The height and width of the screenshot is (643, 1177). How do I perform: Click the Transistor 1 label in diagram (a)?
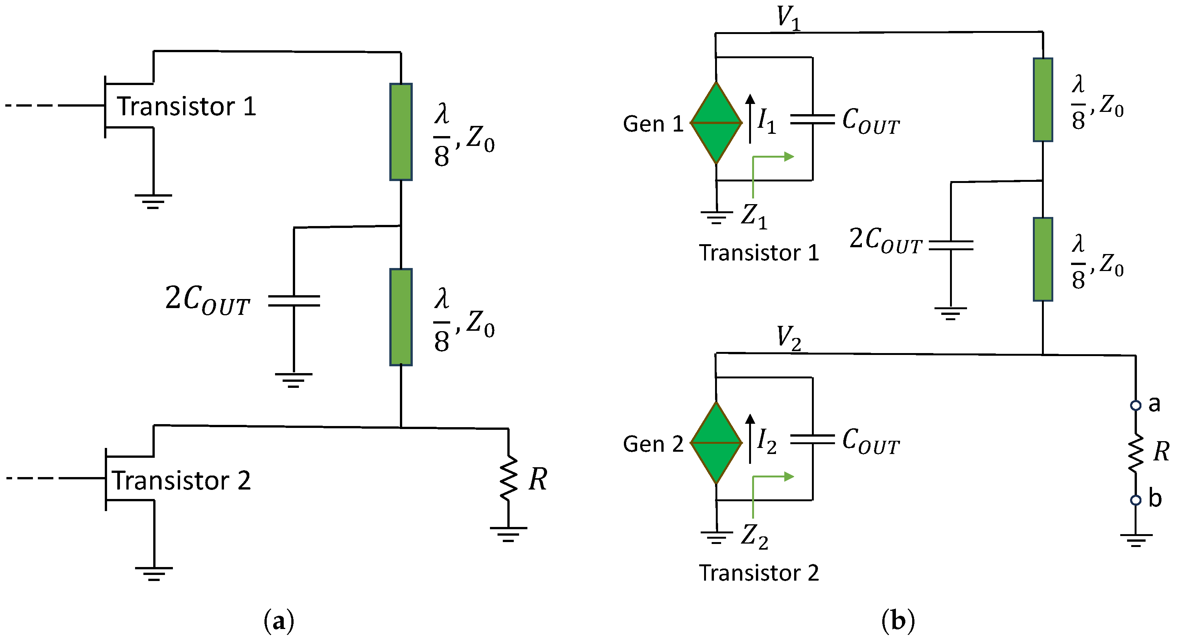186,106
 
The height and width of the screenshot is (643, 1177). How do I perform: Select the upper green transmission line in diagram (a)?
401,132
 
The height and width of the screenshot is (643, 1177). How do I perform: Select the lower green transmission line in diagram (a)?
401,317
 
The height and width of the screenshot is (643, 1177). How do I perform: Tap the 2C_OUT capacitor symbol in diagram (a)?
294,301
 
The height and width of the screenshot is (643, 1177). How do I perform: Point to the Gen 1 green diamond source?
716,122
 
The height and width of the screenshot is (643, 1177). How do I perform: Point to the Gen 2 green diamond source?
716,443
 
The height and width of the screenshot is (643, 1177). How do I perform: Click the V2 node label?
788,338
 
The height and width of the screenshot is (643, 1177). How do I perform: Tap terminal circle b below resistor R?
1135,500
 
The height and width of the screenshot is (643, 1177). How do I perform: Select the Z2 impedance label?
754,536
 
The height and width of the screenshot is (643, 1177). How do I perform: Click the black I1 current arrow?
750,119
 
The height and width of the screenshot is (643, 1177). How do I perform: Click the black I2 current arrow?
750,438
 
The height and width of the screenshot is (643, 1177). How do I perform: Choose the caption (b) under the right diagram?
898,621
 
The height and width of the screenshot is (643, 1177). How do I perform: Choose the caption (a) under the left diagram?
279,621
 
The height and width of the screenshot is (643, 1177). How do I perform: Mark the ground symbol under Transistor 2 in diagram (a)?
154,573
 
